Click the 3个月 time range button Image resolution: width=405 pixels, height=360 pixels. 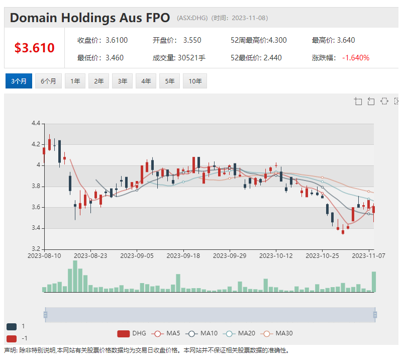(19, 81)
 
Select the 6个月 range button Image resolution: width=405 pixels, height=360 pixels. (48, 81)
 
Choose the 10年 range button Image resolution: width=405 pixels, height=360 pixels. (195, 81)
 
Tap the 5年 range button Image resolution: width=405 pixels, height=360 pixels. (169, 81)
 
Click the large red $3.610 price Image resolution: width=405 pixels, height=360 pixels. (34, 48)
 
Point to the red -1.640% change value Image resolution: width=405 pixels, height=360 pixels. (356, 57)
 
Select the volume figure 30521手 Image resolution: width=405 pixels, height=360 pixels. (191, 57)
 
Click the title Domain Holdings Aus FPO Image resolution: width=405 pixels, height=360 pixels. (90, 18)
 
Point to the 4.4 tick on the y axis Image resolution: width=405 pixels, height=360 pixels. (36, 123)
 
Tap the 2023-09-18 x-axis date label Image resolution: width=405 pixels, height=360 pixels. (183, 255)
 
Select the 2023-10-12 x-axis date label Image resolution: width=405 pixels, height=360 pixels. (276, 255)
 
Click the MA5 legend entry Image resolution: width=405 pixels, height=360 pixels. (166, 333)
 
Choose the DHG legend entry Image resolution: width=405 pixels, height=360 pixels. (132, 333)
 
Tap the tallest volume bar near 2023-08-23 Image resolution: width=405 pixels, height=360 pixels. (75, 276)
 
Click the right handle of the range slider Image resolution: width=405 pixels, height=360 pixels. (375, 315)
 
